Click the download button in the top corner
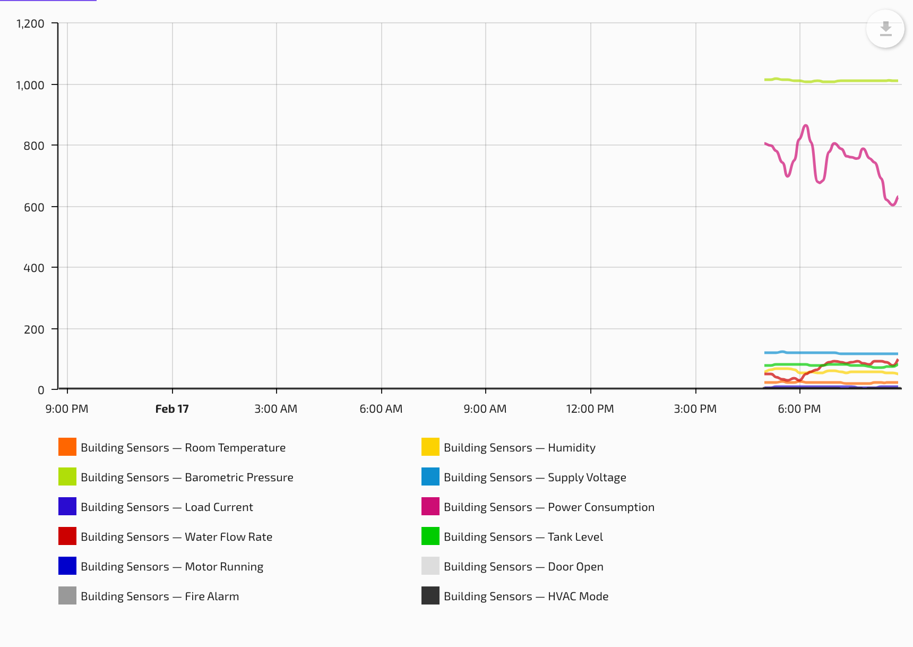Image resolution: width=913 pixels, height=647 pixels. (885, 29)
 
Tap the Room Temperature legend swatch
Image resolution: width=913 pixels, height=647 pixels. (67, 447)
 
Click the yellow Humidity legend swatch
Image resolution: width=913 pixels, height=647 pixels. (430, 447)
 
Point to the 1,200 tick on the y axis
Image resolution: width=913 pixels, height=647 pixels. (30, 23)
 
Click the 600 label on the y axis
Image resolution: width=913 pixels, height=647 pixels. (34, 207)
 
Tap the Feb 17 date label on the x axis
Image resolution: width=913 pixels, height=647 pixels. (172, 409)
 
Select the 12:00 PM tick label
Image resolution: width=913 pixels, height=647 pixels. (590, 409)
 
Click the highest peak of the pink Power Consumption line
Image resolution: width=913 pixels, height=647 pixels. (806, 125)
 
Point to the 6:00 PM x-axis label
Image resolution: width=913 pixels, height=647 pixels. (799, 409)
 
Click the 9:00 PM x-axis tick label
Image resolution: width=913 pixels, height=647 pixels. (67, 409)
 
